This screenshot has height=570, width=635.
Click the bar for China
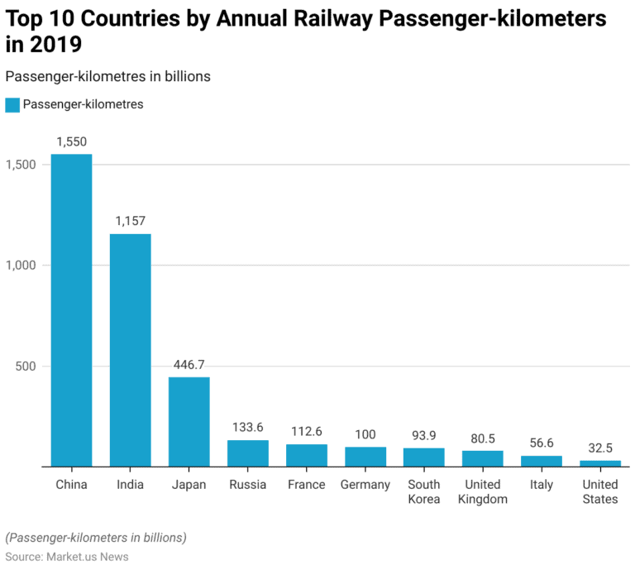click(x=71, y=310)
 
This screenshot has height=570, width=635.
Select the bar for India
click(x=131, y=350)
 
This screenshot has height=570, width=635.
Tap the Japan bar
click(x=189, y=422)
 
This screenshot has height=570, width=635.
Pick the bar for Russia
click(x=248, y=453)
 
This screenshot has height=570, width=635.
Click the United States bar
click(x=600, y=463)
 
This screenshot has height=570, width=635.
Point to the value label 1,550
click(x=71, y=142)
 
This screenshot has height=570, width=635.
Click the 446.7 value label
click(x=189, y=365)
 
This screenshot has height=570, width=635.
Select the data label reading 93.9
click(x=424, y=435)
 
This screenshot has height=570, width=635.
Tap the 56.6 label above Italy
click(x=542, y=443)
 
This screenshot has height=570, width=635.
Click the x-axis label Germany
click(x=365, y=485)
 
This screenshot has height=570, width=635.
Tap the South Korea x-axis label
click(x=424, y=491)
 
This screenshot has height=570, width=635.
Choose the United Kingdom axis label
click(x=483, y=491)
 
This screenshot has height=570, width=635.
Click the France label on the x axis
click(x=306, y=485)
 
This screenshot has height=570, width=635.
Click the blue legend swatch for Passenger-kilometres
click(x=12, y=105)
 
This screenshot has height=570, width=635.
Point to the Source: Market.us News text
click(x=67, y=557)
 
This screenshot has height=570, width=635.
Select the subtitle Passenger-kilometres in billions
click(x=108, y=76)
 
